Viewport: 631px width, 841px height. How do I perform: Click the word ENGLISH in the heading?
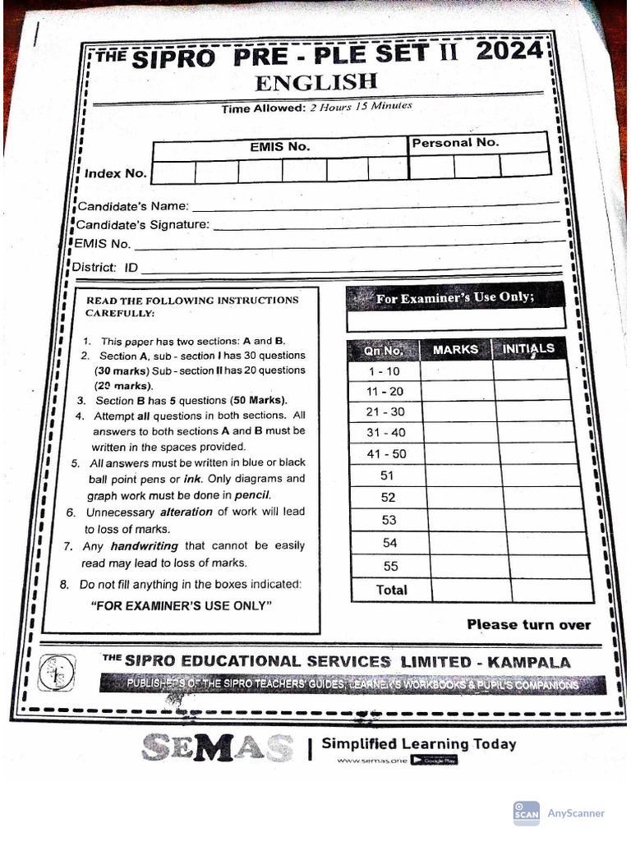coord(315,83)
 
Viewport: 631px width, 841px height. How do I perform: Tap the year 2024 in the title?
coord(508,53)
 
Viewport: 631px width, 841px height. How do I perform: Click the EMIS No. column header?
coord(280,147)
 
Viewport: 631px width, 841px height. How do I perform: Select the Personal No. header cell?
coord(455,143)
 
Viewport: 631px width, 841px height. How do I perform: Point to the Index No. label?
coord(115,173)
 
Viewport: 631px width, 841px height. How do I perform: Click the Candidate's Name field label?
coord(132,205)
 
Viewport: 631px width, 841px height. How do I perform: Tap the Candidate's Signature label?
coord(142,224)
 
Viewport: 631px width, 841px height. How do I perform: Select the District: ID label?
coord(105,268)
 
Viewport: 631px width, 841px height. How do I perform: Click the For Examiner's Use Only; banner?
coord(455,298)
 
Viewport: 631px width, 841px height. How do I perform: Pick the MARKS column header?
coord(455,349)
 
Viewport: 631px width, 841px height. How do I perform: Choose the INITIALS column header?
coord(528,348)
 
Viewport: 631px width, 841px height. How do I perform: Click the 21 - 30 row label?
coord(385,412)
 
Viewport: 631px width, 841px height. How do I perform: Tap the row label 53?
coord(389,520)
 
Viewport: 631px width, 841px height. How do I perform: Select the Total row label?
coord(391,590)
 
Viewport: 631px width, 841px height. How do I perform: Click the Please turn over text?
coord(528,625)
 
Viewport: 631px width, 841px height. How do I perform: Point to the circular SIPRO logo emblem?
coord(58,673)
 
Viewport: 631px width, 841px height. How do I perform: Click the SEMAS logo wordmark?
coord(217,747)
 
